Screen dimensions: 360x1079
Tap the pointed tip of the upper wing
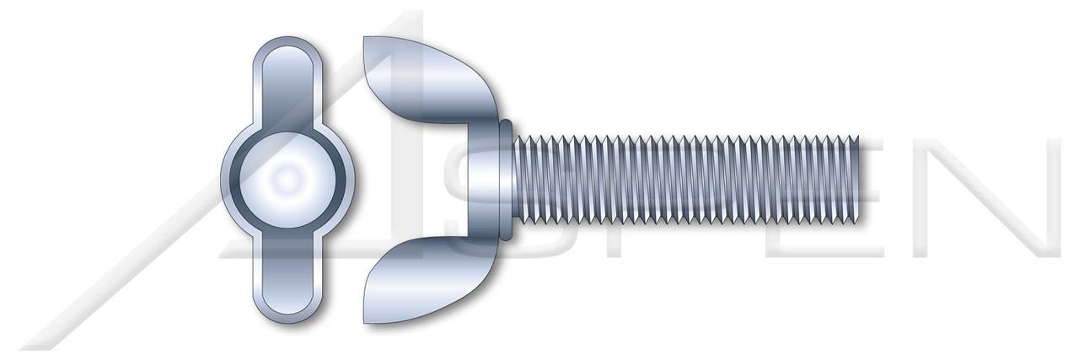tap(364, 39)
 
